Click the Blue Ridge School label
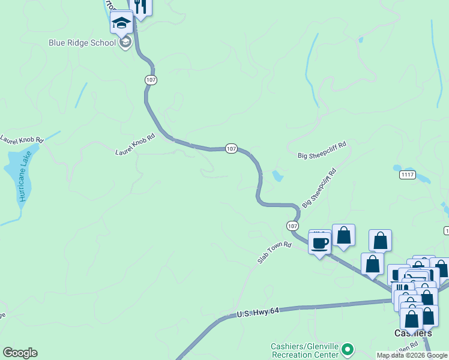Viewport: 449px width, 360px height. click(x=83, y=43)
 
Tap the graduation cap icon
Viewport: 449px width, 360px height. click(x=121, y=23)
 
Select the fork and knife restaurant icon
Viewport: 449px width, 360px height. click(x=140, y=7)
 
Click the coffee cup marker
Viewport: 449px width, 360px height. click(x=320, y=244)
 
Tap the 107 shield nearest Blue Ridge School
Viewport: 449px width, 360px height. click(x=151, y=80)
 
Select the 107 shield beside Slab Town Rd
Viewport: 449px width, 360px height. click(x=292, y=226)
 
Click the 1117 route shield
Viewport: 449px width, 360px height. click(x=408, y=175)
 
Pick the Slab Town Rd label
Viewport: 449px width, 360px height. click(x=274, y=253)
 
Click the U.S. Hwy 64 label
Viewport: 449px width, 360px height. click(x=259, y=313)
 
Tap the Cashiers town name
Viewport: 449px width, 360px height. click(x=413, y=333)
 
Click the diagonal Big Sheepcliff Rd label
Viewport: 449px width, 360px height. click(x=319, y=188)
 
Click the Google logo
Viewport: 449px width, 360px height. click(x=20, y=353)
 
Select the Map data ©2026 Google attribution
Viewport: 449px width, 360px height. click(x=412, y=355)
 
